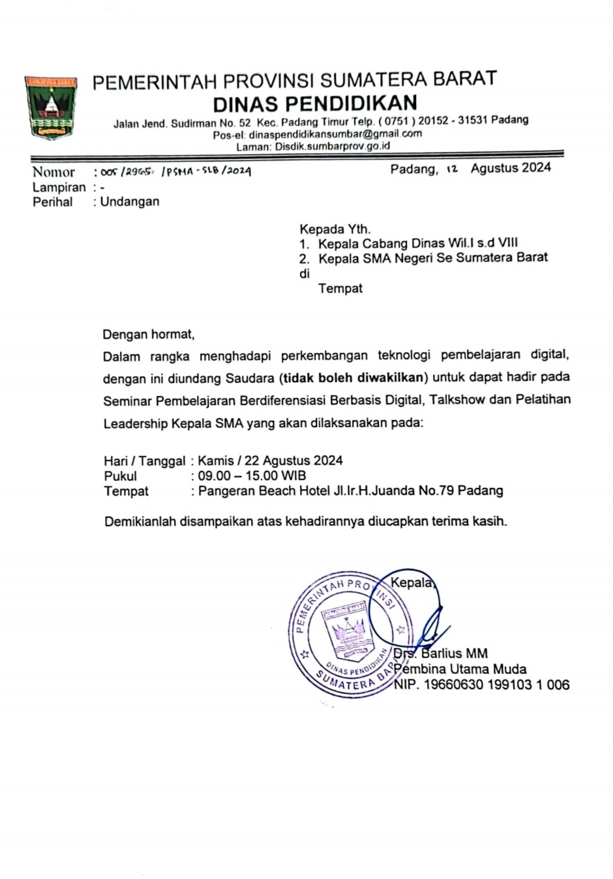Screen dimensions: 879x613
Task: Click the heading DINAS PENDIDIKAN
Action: pyautogui.click(x=315, y=103)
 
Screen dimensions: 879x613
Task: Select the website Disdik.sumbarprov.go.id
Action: pyautogui.click(x=333, y=146)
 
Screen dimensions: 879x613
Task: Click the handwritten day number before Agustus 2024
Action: pyautogui.click(x=452, y=169)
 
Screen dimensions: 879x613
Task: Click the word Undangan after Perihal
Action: pyautogui.click(x=130, y=201)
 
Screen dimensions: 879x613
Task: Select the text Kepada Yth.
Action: pyautogui.click(x=335, y=229)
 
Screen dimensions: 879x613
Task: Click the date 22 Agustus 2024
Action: pyautogui.click(x=293, y=460)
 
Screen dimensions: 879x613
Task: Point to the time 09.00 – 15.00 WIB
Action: pyautogui.click(x=252, y=475)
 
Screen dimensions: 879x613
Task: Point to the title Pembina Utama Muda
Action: pyautogui.click(x=460, y=668)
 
